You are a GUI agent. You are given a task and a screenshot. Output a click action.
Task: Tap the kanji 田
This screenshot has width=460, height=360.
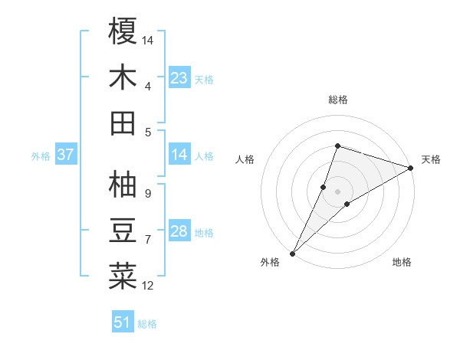123,123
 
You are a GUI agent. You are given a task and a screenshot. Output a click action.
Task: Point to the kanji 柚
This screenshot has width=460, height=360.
123,184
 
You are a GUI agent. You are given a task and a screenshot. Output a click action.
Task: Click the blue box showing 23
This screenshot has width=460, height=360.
179,78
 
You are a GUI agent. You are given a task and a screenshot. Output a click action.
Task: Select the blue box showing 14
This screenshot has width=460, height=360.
179,155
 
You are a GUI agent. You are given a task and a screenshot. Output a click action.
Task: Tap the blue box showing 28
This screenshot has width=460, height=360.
179,232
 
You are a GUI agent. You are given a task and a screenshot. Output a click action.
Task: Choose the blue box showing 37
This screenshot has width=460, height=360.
66,155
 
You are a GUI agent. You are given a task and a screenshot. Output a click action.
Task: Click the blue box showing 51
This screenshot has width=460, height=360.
123,323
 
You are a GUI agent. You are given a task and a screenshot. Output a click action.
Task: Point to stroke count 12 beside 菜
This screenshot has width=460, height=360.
148,286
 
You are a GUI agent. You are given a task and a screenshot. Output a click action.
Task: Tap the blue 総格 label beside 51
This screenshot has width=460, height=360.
147,324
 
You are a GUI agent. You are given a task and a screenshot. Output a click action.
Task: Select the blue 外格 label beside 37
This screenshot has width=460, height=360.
41,156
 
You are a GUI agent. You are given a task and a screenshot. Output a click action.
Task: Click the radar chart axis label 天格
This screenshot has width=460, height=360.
431,159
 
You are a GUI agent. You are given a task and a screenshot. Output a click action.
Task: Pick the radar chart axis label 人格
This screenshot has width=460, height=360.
245,159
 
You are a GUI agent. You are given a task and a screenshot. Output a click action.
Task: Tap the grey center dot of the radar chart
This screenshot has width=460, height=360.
337,191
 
